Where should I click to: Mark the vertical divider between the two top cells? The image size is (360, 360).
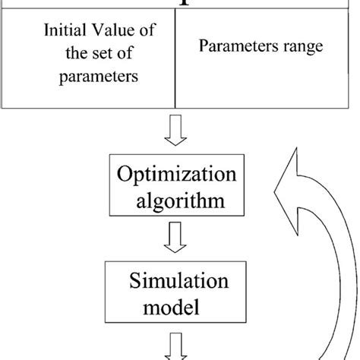[175, 61]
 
